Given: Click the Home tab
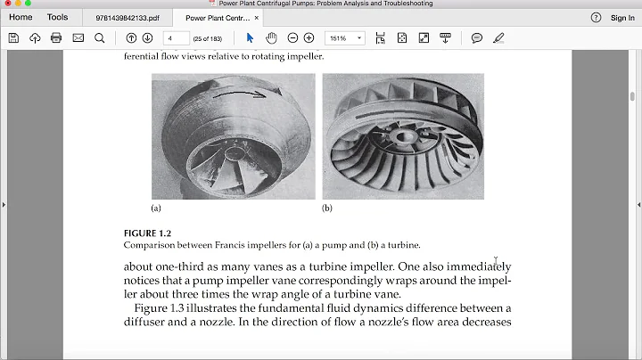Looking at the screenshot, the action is [21, 17].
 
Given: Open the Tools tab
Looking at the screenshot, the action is [57, 17].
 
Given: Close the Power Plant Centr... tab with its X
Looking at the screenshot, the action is [258, 18].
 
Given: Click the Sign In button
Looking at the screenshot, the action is [622, 18].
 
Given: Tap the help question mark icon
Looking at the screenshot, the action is [596, 18].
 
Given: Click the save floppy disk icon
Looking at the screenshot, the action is [13, 37].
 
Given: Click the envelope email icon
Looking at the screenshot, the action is [78, 37].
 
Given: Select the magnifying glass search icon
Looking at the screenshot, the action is [99, 37].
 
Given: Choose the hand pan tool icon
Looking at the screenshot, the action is [271, 37].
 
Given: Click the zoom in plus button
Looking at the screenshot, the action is [309, 37].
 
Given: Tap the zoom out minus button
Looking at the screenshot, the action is [291, 37].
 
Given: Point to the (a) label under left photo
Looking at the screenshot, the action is [156, 209].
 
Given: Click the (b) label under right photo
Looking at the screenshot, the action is [327, 209].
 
